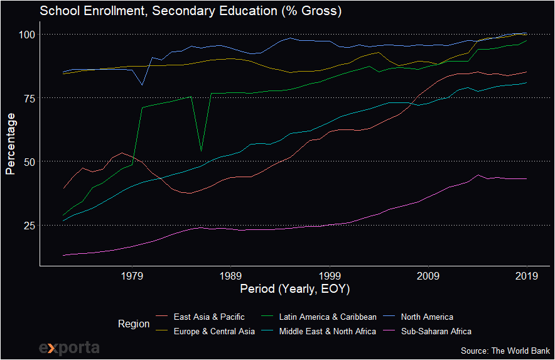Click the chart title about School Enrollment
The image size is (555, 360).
coord(191,11)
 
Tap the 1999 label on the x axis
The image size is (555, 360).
coord(330,275)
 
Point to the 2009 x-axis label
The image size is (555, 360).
coord(428,275)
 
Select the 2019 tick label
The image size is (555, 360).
coord(527,275)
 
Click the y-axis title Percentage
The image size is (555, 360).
coord(10,143)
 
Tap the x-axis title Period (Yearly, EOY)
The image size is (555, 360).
coord(295,290)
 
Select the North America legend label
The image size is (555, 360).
coord(427,317)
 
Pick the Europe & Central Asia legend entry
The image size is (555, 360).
coord(214,331)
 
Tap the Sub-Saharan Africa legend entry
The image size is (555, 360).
coord(436,331)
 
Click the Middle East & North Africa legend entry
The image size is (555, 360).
coord(328,331)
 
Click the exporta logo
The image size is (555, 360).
coord(69,347)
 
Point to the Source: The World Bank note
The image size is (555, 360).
coord(505,350)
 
